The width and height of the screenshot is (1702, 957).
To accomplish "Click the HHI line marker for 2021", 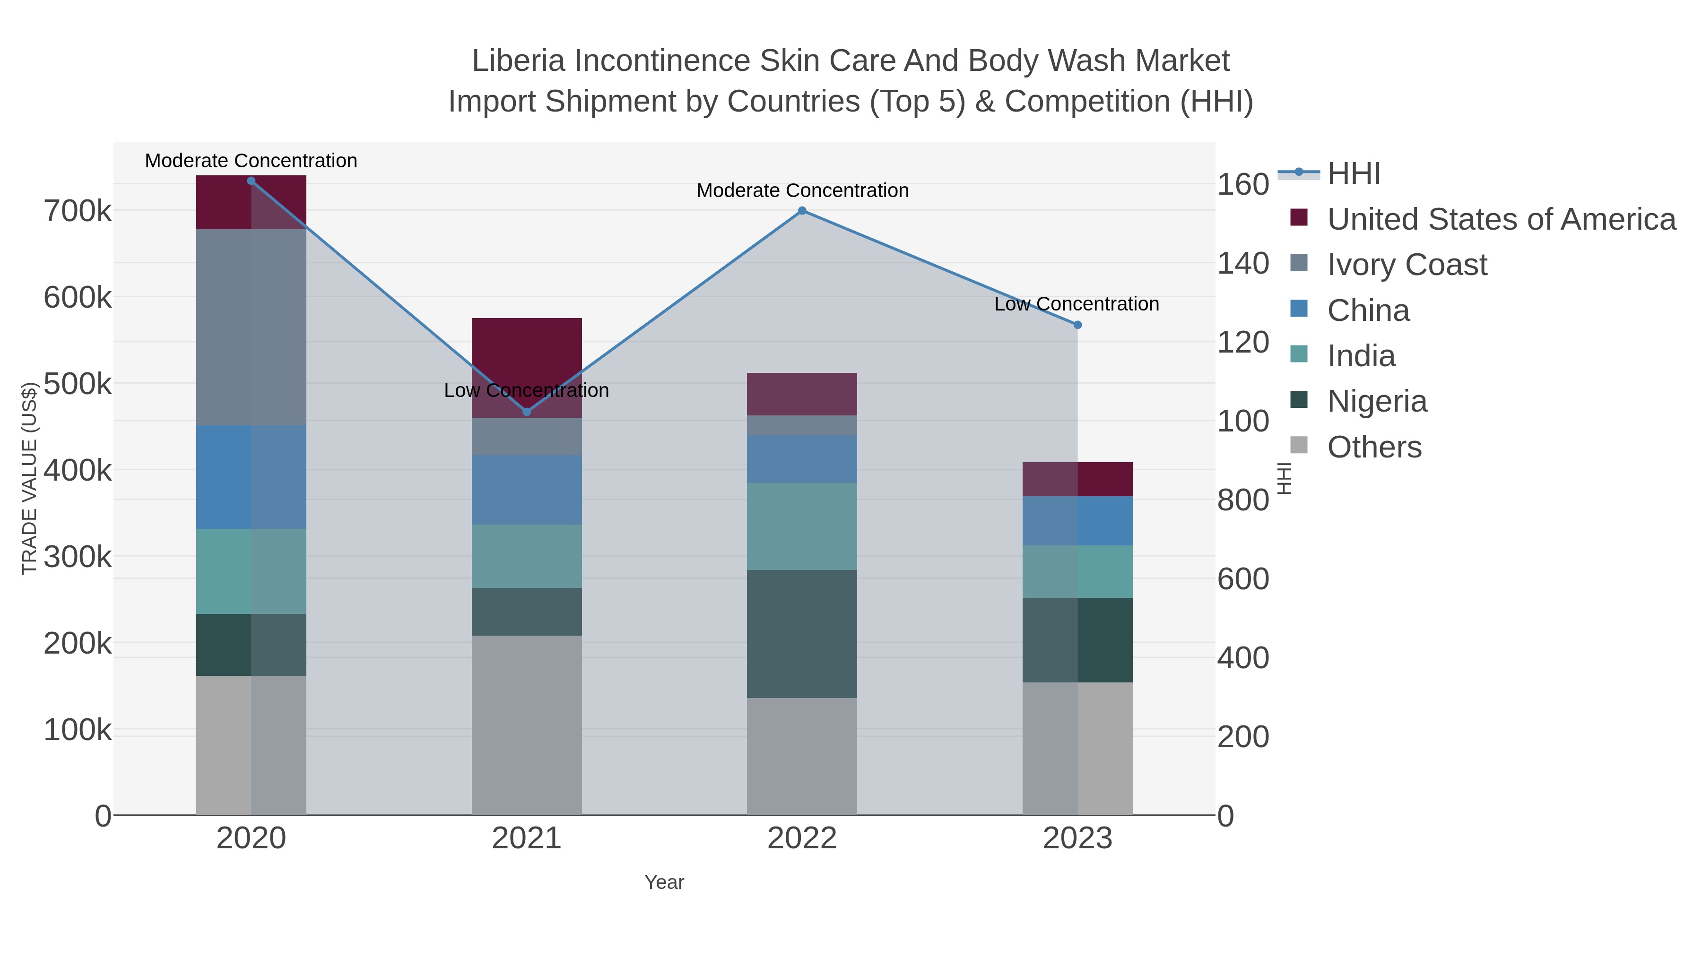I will [x=527, y=412].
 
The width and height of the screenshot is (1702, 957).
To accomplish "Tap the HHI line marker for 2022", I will [x=802, y=211].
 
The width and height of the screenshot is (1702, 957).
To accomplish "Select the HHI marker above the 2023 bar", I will [x=1077, y=325].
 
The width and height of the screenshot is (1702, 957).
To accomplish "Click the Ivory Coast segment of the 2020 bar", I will [x=251, y=327].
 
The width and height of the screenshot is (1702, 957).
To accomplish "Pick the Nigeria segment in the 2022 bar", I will [x=802, y=634].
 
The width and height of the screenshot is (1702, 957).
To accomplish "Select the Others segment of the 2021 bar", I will [x=527, y=725].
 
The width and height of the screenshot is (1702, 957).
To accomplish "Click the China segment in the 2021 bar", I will [x=527, y=490].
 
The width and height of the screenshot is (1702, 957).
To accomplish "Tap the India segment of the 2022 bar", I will [x=802, y=526].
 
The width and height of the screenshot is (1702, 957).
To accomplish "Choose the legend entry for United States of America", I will [x=1501, y=219].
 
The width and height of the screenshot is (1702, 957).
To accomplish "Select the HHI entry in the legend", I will [x=1353, y=174].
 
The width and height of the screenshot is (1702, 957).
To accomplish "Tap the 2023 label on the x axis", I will [x=1077, y=839].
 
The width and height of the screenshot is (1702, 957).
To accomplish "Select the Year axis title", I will [x=664, y=882].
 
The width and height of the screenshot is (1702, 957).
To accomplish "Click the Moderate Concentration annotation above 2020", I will [x=251, y=161].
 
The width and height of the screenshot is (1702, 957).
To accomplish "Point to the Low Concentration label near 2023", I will [x=1077, y=304].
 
